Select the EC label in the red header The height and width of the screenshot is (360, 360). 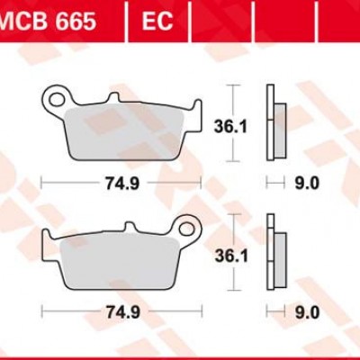click(158, 20)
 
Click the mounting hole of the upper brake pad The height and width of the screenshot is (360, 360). click(60, 94)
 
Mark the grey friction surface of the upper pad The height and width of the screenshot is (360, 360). click(126, 135)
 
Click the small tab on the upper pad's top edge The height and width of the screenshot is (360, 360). click(114, 97)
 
